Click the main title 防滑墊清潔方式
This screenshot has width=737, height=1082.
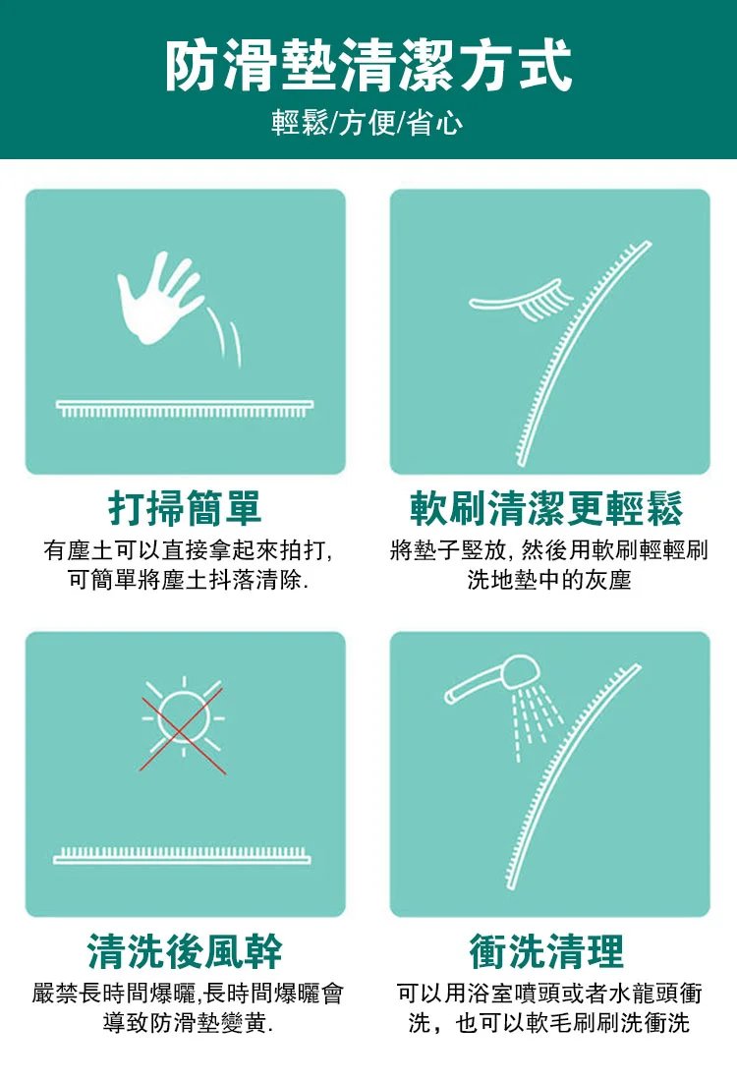[x=368, y=66]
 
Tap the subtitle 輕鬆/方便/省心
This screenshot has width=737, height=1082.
[x=368, y=124]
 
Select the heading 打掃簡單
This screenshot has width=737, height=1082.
[x=185, y=508]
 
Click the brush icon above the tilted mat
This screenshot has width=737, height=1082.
[x=522, y=301]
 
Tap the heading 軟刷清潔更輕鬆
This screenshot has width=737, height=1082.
[x=546, y=508]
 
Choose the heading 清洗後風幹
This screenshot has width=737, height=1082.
[x=185, y=951]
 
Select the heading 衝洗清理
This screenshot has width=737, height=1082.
[x=546, y=951]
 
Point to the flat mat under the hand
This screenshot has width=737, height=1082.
[x=185, y=408]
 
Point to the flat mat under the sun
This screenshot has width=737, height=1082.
[x=182, y=855]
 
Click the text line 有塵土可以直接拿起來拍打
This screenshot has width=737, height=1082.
[x=188, y=550]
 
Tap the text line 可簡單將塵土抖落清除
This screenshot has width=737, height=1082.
[x=188, y=580]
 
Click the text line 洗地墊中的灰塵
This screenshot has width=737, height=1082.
[x=548, y=580]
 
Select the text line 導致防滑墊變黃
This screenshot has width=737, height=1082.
[x=188, y=1023]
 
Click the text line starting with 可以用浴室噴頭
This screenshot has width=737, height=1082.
[x=549, y=994]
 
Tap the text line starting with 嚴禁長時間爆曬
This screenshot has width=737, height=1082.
[x=188, y=994]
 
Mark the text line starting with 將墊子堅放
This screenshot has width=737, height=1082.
[x=548, y=550]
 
